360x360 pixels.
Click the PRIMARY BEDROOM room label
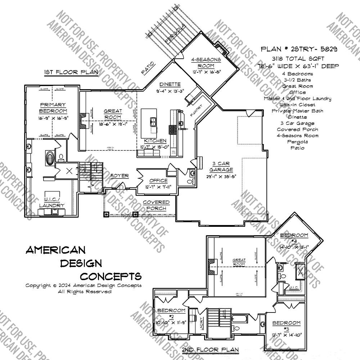coord(53,108)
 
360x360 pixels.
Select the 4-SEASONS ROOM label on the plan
coord(206,63)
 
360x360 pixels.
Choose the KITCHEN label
coord(155,141)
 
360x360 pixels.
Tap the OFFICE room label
coord(158,180)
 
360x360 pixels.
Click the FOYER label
coord(120,176)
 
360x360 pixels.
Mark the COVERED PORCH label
coord(156,205)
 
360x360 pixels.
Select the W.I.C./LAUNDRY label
coord(52,202)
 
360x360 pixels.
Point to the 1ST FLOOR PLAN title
coord(71,72)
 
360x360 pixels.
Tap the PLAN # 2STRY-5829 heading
coord(299,49)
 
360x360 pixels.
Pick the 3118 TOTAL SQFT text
coord(299,59)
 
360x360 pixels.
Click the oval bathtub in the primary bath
coord(50,158)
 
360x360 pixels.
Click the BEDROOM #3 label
coord(287,326)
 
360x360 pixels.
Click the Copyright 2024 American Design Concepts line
coord(83,285)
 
